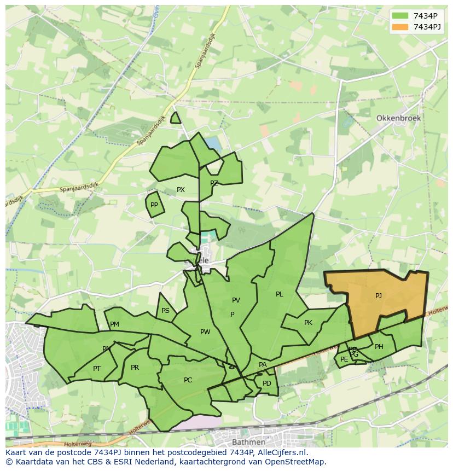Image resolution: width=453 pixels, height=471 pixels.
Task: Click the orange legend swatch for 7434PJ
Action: click(400, 27)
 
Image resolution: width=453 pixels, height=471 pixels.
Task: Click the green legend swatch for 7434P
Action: click(400, 15)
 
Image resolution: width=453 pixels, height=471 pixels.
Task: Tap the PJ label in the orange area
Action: click(378, 296)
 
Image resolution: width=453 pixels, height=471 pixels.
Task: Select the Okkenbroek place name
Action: click(398, 118)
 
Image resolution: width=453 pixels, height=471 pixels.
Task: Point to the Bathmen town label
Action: click(249, 441)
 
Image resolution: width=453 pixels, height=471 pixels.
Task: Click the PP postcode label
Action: click(154, 206)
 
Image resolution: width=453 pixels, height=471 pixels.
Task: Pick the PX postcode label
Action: click(181, 190)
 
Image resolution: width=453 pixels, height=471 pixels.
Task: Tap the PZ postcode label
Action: click(214, 183)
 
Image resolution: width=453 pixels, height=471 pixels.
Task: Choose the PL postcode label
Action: click(280, 294)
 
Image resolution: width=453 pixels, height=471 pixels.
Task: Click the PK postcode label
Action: click(308, 323)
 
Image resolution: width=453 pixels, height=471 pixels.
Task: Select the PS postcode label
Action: click(165, 311)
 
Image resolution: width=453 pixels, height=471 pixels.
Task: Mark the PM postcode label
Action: click(114, 324)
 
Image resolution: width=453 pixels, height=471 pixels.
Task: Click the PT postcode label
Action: click(97, 369)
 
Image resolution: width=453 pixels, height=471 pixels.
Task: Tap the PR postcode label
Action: click(135, 368)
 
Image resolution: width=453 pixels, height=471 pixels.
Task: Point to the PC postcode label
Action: click(188, 380)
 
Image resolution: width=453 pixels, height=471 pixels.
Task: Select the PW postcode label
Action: click(205, 332)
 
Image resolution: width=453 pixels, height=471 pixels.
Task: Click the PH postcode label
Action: click(379, 347)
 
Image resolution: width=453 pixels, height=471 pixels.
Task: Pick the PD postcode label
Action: click(266, 383)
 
